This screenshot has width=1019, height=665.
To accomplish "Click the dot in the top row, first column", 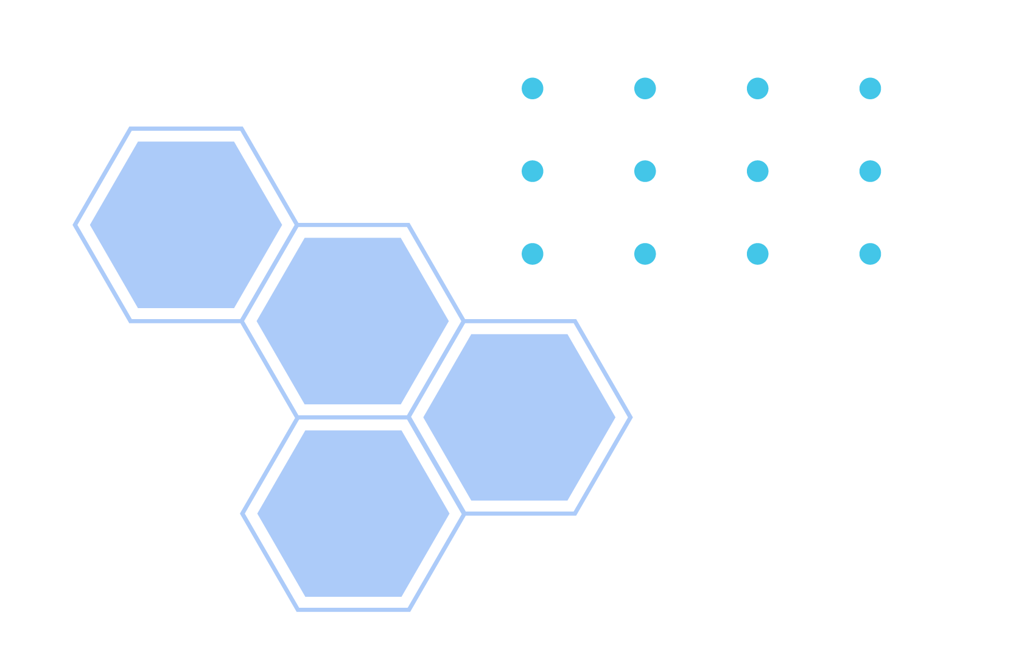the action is coord(533,88).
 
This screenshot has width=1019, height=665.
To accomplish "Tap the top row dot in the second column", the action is coord(645,88).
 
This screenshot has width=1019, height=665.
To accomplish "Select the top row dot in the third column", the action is coord(758,88).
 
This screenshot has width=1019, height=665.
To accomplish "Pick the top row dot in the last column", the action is coord(870,88).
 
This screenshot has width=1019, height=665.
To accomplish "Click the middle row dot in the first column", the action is coord(533,171).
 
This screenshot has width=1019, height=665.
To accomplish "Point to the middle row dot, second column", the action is coord(645,171).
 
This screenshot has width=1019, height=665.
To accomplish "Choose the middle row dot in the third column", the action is coord(758,171).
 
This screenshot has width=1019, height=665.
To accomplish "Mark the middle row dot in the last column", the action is coord(870,171).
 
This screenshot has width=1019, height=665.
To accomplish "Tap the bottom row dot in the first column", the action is coord(533,254).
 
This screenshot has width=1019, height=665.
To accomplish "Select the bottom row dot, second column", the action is coord(645,254).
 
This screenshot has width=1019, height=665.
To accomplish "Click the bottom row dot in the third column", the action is coord(758,254).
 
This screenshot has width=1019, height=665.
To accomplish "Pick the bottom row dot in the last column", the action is coord(870,254).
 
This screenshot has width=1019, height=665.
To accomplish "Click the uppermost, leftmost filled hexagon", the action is coord(186,225).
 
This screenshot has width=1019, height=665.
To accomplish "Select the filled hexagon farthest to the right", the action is coord(519,417).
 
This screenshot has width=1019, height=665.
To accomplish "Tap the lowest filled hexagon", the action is coord(354,513).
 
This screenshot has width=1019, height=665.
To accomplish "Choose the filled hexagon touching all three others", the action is coord(353,321).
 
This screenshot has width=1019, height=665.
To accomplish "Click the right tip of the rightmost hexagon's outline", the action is coord(631,417).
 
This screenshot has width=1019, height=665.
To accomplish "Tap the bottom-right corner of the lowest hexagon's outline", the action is coord(409,609).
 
